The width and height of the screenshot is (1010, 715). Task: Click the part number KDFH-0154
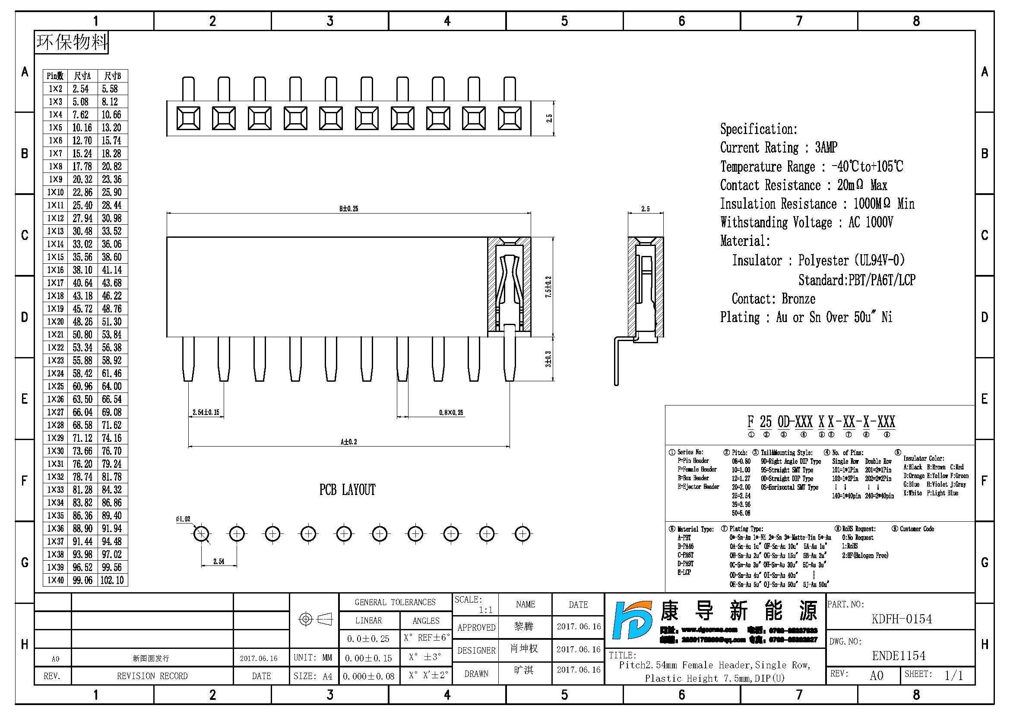pyautogui.click(x=901, y=619)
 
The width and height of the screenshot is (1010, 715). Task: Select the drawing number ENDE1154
pyautogui.click(x=899, y=656)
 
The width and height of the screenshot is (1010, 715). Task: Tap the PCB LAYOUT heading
pyautogui.click(x=347, y=490)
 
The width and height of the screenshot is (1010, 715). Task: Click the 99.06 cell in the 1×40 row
pyautogui.click(x=82, y=580)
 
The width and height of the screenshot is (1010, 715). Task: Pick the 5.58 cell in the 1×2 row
pyautogui.click(x=110, y=89)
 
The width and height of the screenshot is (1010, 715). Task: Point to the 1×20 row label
pyautogui.click(x=55, y=322)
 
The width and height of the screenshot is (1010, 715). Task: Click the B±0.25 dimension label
pyautogui.click(x=348, y=209)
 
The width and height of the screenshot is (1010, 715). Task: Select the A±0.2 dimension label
pyautogui.click(x=348, y=442)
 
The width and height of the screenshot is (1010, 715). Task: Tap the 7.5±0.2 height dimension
pyautogui.click(x=548, y=287)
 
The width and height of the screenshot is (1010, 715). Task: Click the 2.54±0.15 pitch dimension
pyautogui.click(x=206, y=412)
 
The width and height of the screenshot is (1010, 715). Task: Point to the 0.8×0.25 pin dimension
pyautogui.click(x=451, y=412)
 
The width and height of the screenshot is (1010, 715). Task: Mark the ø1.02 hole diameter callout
pyautogui.click(x=183, y=519)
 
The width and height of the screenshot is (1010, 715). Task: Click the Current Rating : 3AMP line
pyautogui.click(x=778, y=147)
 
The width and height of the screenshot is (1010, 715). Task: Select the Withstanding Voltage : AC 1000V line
pyautogui.click(x=806, y=222)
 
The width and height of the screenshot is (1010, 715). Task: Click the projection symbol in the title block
pyautogui.click(x=315, y=619)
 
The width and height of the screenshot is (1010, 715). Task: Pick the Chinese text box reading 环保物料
pyautogui.click(x=72, y=42)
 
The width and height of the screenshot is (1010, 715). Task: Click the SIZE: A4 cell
pyautogui.click(x=313, y=676)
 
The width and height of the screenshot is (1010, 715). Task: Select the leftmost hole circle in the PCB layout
pyautogui.click(x=202, y=534)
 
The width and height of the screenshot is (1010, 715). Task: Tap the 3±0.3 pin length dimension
pyautogui.click(x=548, y=359)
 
